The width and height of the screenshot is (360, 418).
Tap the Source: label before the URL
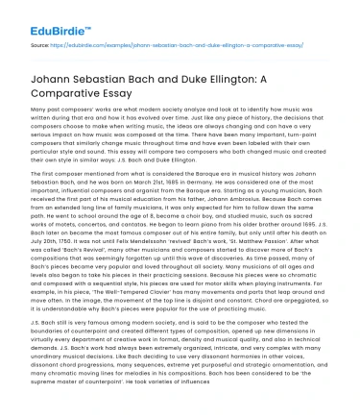(20, 44)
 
